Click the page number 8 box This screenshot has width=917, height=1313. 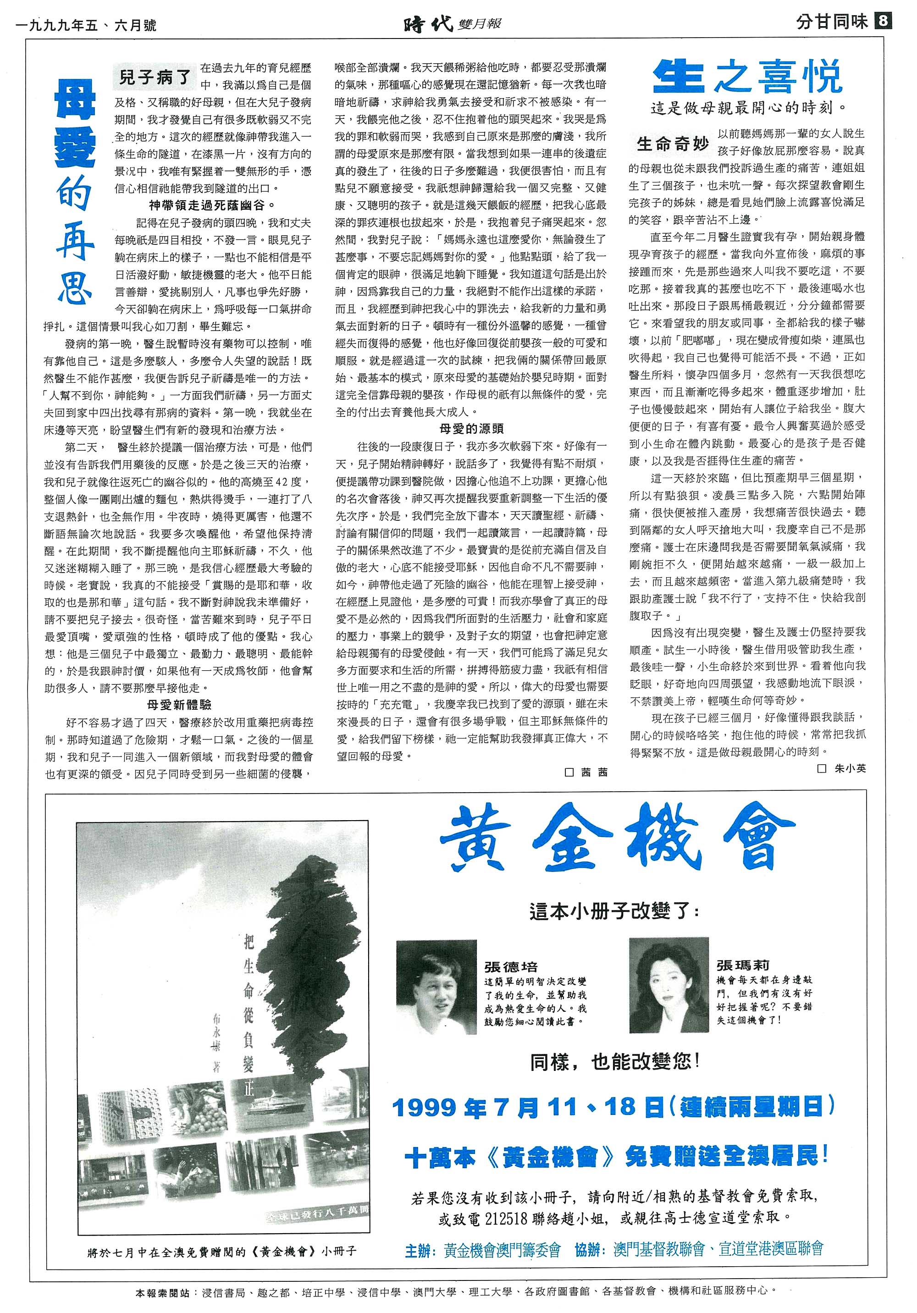click(x=883, y=22)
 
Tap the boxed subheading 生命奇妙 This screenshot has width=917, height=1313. click(x=673, y=143)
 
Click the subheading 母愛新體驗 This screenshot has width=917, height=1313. click(x=178, y=705)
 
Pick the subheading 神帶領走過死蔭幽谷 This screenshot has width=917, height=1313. click(x=212, y=205)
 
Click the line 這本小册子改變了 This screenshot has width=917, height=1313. click(x=614, y=911)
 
